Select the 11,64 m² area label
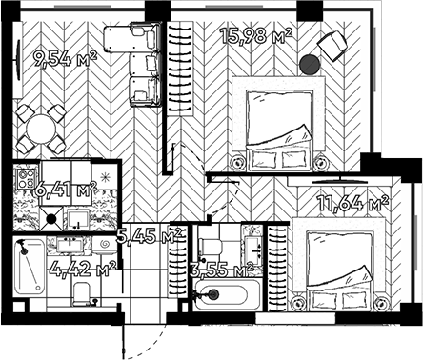[352, 202]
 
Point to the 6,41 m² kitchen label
[65, 190]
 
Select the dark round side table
[309, 65]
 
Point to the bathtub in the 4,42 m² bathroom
[31, 270]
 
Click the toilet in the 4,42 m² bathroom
[82, 291]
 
